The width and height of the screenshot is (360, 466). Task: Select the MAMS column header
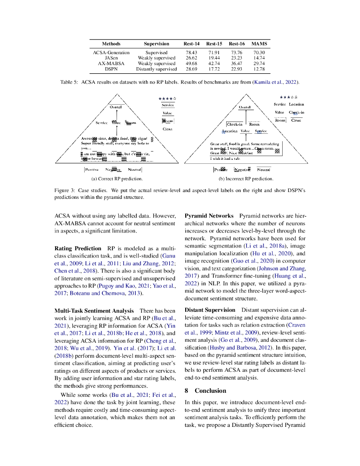[259, 44]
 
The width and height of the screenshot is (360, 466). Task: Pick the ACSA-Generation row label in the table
[111, 53]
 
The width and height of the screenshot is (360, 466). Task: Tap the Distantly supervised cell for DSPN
[156, 69]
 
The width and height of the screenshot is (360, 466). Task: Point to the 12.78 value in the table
[259, 69]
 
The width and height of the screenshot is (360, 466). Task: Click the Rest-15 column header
[214, 44]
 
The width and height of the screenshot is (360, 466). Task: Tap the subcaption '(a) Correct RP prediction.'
[117, 179]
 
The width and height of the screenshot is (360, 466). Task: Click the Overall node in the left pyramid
[116, 107]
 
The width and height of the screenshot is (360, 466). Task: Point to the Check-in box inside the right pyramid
[234, 124]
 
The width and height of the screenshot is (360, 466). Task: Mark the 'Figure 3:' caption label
[66, 190]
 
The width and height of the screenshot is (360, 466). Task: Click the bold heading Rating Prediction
[78, 248]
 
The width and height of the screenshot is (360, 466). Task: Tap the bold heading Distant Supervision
[210, 310]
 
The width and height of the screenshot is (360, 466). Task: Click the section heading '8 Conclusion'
[205, 390]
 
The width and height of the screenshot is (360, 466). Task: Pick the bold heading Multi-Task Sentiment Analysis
[94, 310]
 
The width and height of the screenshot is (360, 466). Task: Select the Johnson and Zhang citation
[280, 268]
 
